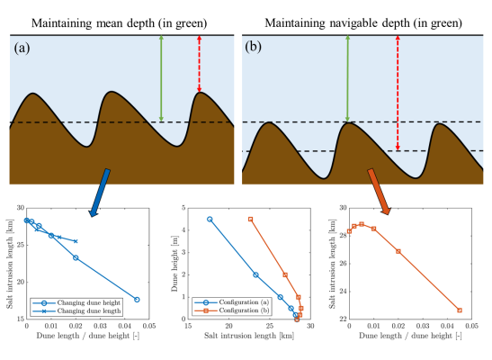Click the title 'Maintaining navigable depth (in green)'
click(x=367, y=12)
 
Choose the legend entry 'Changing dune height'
click(x=85, y=303)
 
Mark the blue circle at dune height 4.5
click(x=210, y=219)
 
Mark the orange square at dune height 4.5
click(x=251, y=219)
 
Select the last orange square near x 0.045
click(x=459, y=310)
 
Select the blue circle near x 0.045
click(x=137, y=300)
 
